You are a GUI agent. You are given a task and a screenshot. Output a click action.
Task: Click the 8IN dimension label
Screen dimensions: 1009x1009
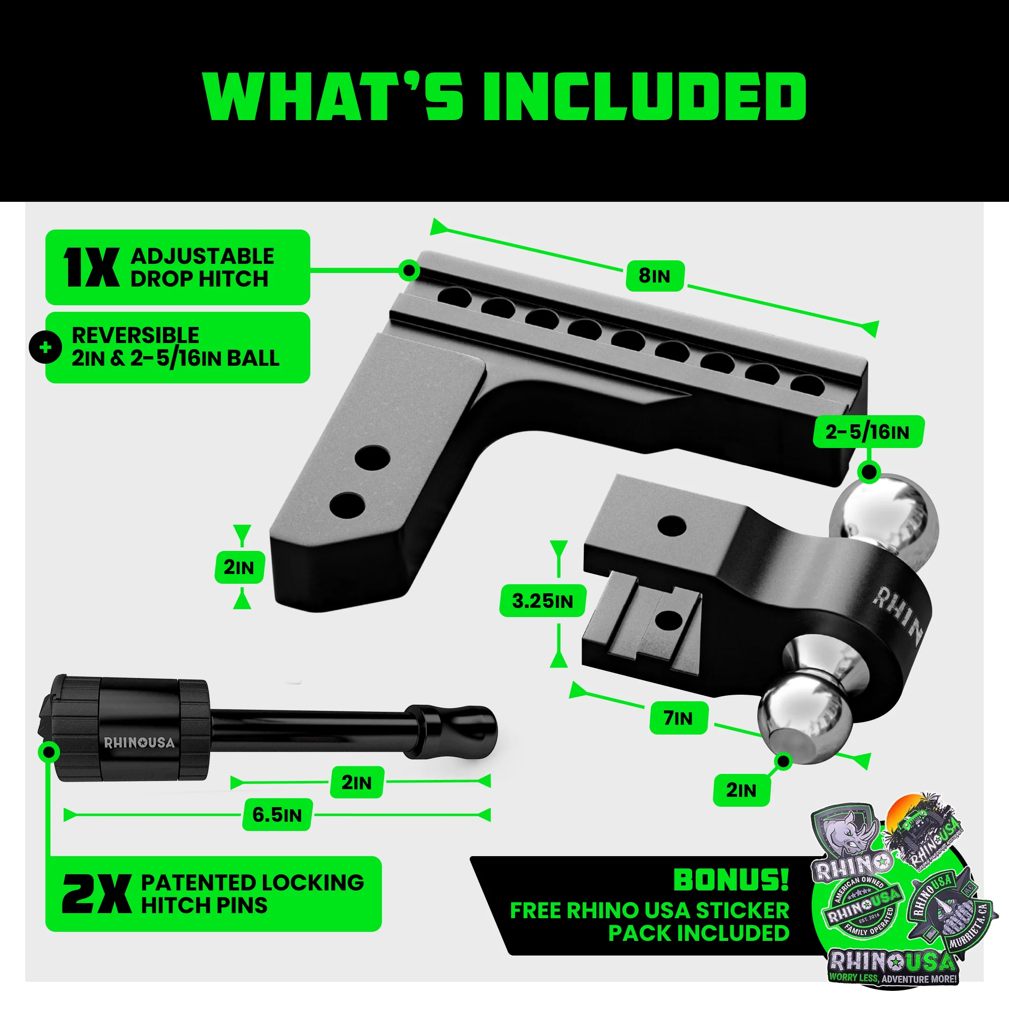[x=654, y=276]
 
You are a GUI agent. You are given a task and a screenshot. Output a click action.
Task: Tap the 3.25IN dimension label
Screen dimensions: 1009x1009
[x=542, y=601]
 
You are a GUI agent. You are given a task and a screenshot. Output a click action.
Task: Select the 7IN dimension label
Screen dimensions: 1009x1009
[x=679, y=718]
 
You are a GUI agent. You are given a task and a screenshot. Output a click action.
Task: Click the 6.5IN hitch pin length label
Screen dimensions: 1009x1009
[x=277, y=815]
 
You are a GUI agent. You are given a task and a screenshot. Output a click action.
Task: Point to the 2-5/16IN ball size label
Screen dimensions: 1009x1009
[x=867, y=432]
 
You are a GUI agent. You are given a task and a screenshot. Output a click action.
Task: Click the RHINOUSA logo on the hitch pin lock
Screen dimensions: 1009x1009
[x=139, y=743]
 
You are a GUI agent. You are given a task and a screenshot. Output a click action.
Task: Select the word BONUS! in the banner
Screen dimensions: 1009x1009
[x=731, y=880]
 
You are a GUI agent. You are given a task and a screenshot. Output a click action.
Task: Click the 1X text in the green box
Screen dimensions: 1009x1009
[x=91, y=267]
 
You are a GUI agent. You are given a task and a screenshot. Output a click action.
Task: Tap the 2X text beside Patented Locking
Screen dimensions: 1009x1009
[x=97, y=894]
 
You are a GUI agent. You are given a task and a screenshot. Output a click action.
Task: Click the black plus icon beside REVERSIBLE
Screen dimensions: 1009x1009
[x=46, y=347]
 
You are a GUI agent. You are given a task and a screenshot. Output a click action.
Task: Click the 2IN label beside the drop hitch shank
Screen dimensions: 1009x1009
[x=239, y=567]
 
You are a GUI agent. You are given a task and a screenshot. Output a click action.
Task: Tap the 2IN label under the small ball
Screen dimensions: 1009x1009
[x=741, y=790]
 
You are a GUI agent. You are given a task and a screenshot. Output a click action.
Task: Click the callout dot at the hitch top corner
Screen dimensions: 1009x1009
[x=409, y=270]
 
